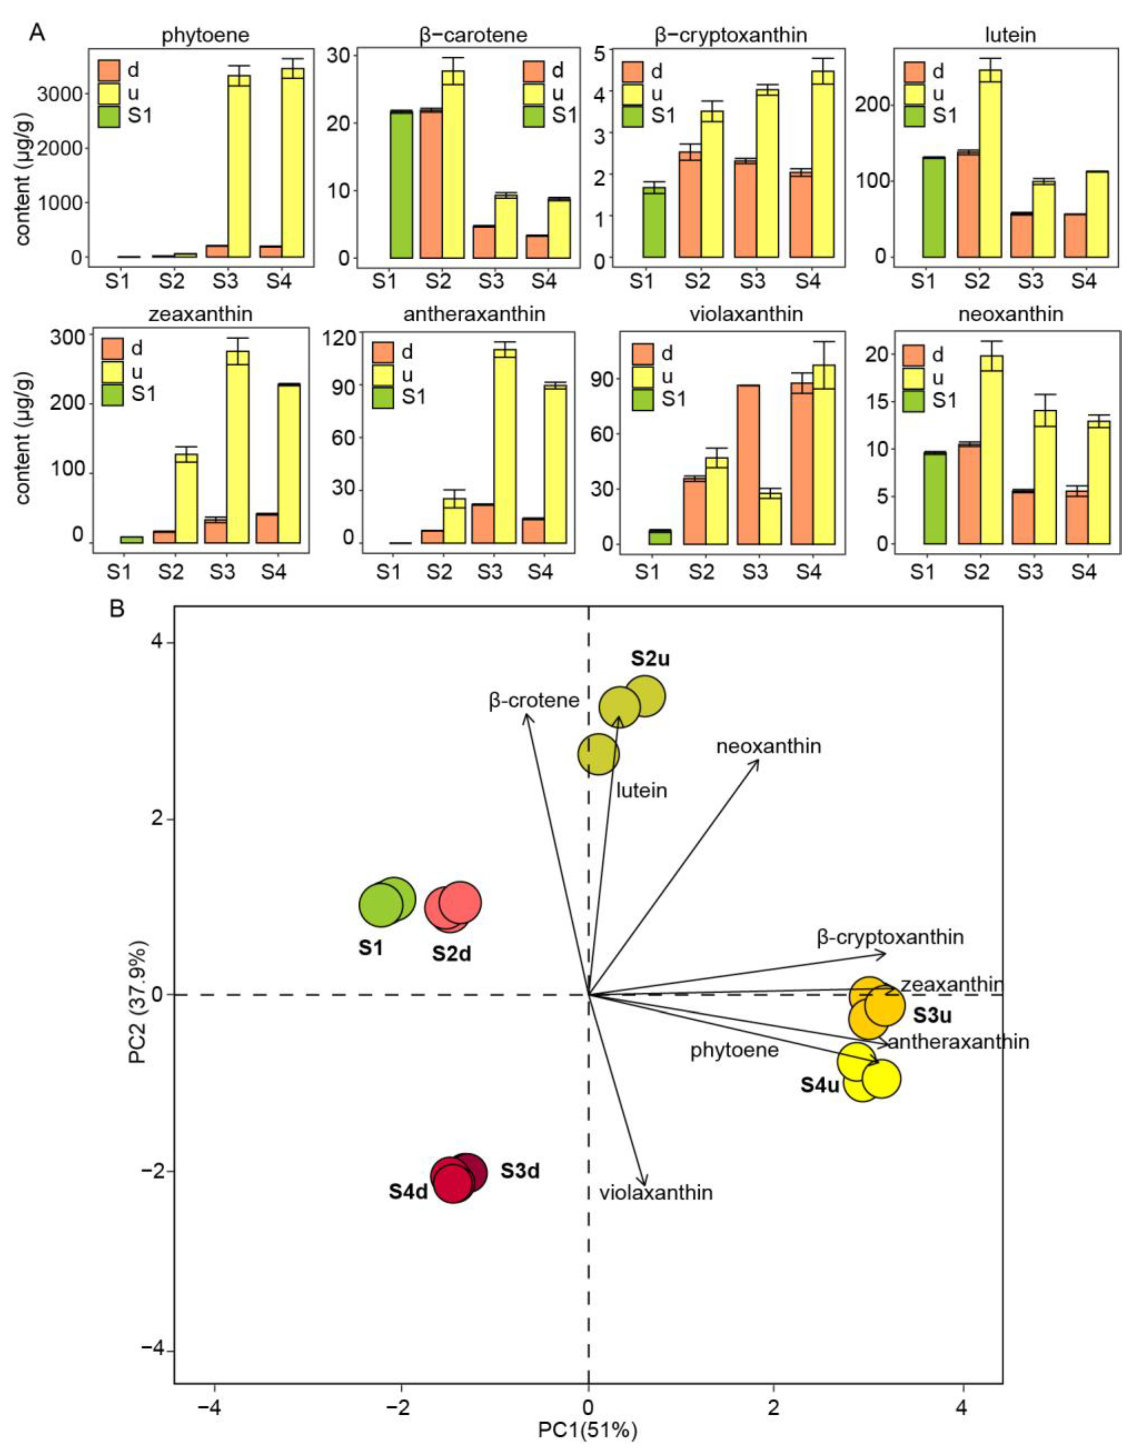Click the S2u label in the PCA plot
(x=649, y=659)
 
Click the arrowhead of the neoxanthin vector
(x=758, y=761)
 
